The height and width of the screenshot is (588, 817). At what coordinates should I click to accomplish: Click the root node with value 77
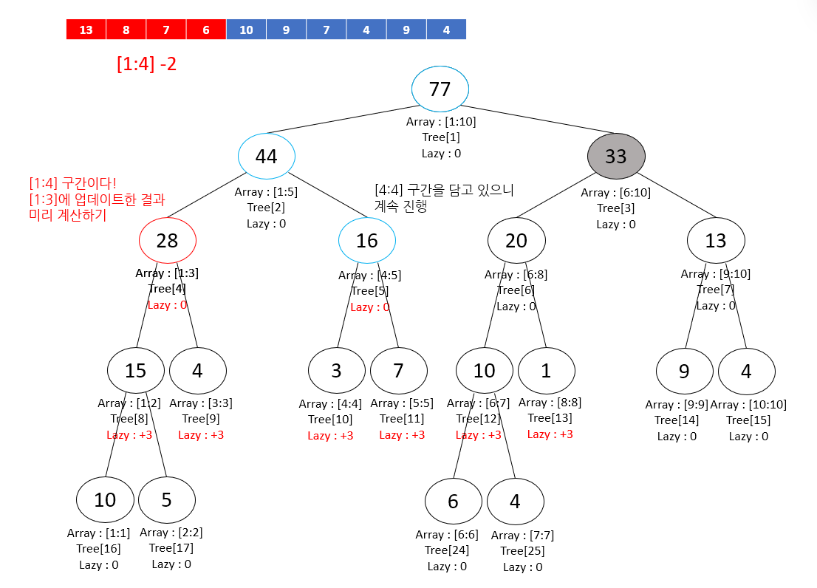click(x=440, y=89)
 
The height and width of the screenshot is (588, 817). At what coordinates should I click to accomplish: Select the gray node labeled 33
click(x=616, y=157)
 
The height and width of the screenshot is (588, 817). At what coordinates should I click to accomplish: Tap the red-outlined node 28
click(x=168, y=241)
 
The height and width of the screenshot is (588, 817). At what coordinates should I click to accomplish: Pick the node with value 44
click(x=266, y=157)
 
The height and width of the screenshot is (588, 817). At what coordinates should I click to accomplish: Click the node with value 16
click(x=366, y=241)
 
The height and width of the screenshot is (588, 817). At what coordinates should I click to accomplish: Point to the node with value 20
click(x=516, y=241)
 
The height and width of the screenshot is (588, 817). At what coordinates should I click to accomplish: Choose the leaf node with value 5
click(x=166, y=500)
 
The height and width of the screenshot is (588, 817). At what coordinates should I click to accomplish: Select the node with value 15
click(x=135, y=370)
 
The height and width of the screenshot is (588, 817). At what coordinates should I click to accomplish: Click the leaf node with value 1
click(x=546, y=370)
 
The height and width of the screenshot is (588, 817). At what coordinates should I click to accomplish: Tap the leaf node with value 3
click(x=336, y=370)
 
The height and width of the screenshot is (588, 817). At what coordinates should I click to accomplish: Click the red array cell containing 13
click(x=86, y=30)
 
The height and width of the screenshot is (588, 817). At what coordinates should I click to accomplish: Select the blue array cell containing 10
click(x=246, y=30)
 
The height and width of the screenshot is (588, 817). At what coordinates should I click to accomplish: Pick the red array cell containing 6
click(x=206, y=30)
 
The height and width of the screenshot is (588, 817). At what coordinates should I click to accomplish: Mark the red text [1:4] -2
click(x=146, y=64)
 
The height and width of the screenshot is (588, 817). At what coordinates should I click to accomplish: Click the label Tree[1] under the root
click(x=441, y=137)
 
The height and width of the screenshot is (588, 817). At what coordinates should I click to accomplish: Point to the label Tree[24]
click(x=447, y=550)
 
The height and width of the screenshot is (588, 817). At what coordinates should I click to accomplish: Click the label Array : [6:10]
click(x=615, y=193)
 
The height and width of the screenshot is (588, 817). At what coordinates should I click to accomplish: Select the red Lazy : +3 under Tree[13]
click(x=550, y=434)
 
